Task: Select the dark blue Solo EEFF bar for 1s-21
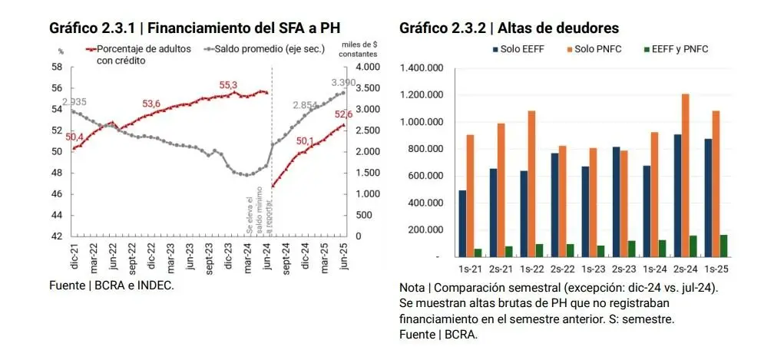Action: point(462,223)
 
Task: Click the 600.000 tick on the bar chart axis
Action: point(426,176)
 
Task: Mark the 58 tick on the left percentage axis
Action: point(58,67)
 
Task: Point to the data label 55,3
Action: point(229,85)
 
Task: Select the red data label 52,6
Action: point(342,114)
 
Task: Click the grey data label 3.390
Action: point(342,82)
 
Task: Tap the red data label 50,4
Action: point(74,137)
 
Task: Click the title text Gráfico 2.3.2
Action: point(443,28)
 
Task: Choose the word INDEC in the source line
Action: point(156,286)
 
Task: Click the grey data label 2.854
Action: point(304,105)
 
